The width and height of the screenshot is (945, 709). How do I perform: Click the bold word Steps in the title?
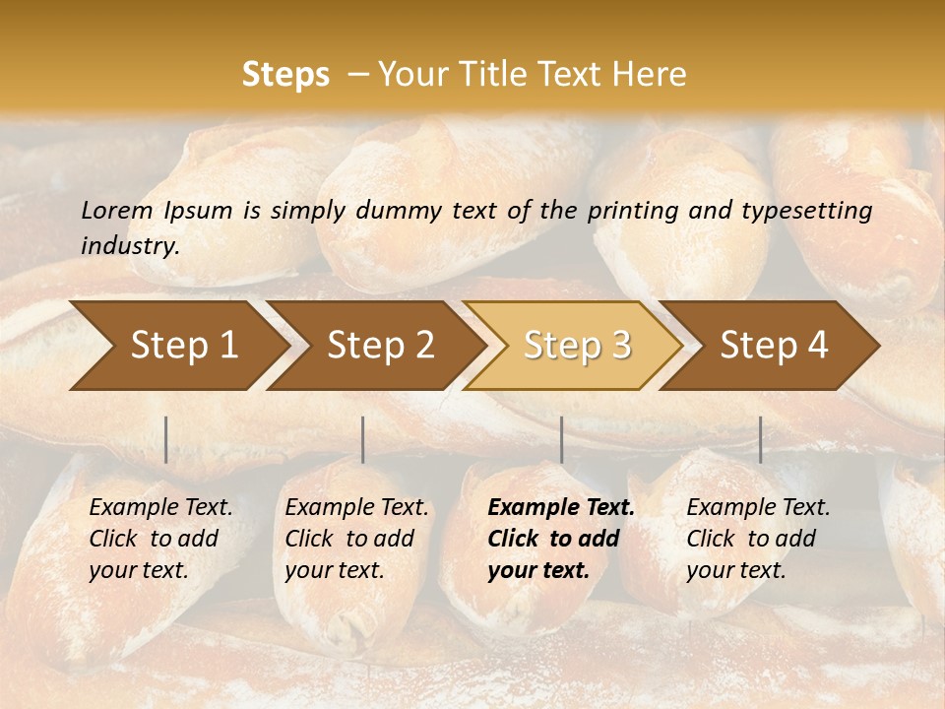click(x=285, y=75)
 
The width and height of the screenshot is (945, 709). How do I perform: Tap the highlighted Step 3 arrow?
click(x=577, y=346)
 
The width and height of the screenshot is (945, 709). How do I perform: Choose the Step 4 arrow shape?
click(x=774, y=346)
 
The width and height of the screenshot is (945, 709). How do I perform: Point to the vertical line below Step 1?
click(x=166, y=439)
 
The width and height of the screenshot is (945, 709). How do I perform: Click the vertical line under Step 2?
click(x=363, y=439)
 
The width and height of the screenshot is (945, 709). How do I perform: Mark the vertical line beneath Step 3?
click(x=561, y=439)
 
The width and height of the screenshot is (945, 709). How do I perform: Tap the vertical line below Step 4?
click(x=760, y=439)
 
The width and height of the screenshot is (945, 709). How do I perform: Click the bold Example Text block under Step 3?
click(x=561, y=539)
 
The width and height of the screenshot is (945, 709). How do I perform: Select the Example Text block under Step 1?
click(x=160, y=539)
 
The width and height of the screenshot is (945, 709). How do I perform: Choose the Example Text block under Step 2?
click(x=356, y=539)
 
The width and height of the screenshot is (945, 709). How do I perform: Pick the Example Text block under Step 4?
click(x=758, y=539)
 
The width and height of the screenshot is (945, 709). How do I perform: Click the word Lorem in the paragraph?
click(x=116, y=211)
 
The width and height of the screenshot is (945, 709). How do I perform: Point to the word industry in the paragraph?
click(x=129, y=246)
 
